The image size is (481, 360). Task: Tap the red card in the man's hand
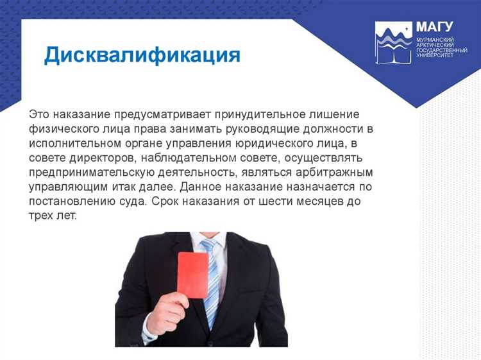[x=193, y=274]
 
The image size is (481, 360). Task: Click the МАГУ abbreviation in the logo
[x=434, y=27]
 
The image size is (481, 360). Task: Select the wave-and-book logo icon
[x=393, y=42]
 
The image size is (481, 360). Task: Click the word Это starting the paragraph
[x=40, y=114]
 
